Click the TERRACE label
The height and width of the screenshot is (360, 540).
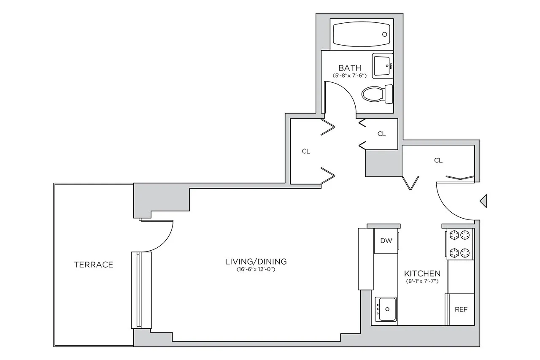[x=93, y=265]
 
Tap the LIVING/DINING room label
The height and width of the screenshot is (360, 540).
[x=256, y=261]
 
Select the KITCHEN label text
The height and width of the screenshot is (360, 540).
[x=422, y=273]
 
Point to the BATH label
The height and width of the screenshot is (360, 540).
[x=350, y=68]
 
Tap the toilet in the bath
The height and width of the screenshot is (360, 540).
[x=377, y=94]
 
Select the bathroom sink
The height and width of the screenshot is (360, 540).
[x=382, y=66]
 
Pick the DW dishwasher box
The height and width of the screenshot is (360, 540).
[x=386, y=241]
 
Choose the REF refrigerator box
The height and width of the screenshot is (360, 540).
[x=461, y=309]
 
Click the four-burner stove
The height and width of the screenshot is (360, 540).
[x=459, y=244]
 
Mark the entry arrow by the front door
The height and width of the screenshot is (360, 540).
[x=484, y=201]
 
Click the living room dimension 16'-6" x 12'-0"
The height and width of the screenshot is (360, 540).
[x=256, y=269]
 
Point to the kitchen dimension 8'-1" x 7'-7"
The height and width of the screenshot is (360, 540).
[x=422, y=281]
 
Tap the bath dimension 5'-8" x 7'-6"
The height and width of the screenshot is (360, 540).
[x=350, y=76]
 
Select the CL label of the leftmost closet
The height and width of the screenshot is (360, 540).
[x=306, y=151]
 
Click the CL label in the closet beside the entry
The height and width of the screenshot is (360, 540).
[x=438, y=160]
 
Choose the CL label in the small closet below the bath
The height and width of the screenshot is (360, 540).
[x=381, y=134]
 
